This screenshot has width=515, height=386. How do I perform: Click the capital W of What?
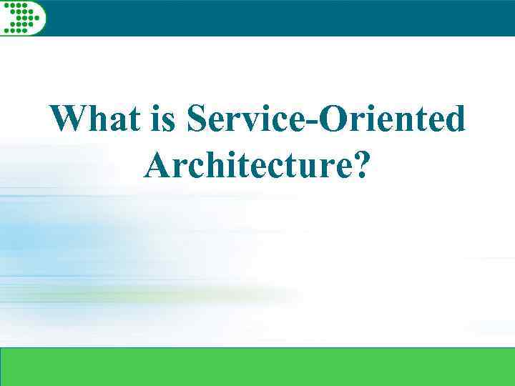coord(69,119)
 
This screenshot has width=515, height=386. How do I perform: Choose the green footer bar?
coord(257,366)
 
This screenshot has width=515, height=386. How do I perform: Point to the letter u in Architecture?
coord(309,168)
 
